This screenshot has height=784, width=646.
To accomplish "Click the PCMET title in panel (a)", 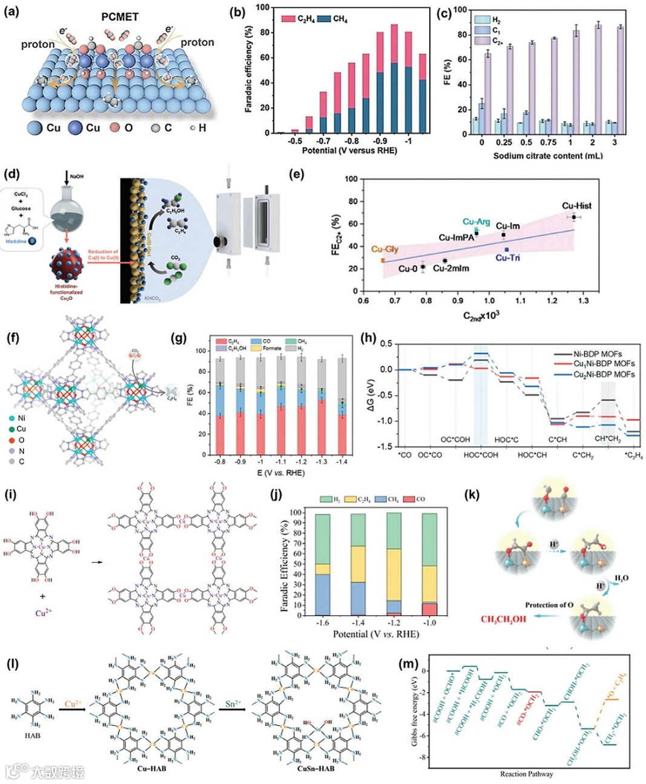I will [120, 17].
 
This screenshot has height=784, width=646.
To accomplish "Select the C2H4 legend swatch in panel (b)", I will [288, 19].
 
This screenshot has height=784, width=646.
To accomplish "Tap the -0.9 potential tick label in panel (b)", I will [380, 141].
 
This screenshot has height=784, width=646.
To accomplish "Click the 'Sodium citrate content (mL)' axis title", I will [547, 156].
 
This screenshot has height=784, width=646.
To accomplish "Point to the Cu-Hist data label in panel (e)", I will [576, 206].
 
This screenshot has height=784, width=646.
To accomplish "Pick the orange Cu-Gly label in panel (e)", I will [384, 249].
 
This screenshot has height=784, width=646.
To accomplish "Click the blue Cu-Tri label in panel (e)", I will [507, 258].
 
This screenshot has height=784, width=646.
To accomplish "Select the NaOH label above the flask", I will [77, 176].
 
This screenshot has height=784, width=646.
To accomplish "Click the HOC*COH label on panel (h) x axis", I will [481, 455].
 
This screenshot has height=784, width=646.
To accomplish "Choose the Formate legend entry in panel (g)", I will [271, 348].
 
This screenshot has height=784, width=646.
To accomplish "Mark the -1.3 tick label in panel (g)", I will [321, 461].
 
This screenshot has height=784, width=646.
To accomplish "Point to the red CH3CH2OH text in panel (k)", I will [503, 619].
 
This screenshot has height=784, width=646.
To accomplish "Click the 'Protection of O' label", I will [549, 605].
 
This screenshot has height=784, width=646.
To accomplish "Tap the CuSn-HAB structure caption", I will [316, 768].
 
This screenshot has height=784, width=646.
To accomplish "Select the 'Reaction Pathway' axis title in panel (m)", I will [526, 774].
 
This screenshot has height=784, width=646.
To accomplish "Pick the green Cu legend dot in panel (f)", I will [12, 429].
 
